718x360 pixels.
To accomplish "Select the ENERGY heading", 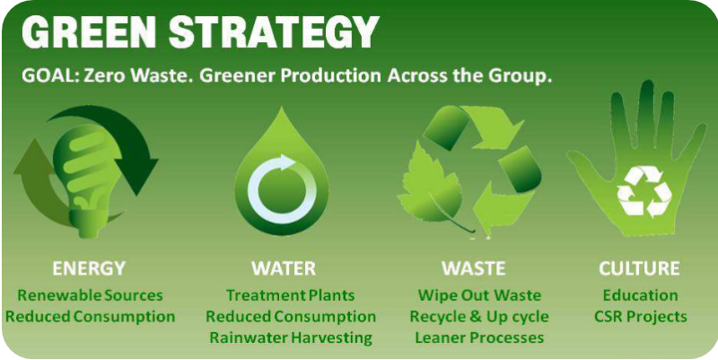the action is coord(88,268).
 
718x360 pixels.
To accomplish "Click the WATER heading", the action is coord(284,268).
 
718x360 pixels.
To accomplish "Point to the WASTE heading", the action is coord(474,268).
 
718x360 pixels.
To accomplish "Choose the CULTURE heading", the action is coord(639,268).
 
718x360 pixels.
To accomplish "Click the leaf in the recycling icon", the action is coord(433,188).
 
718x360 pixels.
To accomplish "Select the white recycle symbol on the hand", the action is coord(644,191).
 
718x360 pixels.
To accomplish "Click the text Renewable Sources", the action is coord(91,295).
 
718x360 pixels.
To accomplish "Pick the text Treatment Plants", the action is coord(291,295).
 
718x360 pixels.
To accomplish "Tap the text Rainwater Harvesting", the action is coord(291,338).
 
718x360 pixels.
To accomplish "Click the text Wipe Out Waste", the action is coord(479,295).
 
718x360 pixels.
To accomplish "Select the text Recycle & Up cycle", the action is coord(479,317).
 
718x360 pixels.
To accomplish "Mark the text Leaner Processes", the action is coord(479,338).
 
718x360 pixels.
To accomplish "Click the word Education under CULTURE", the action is coord(640,295).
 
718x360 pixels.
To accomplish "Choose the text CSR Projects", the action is coord(641,317).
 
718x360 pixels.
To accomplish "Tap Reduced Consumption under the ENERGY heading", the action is coord(91,317).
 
